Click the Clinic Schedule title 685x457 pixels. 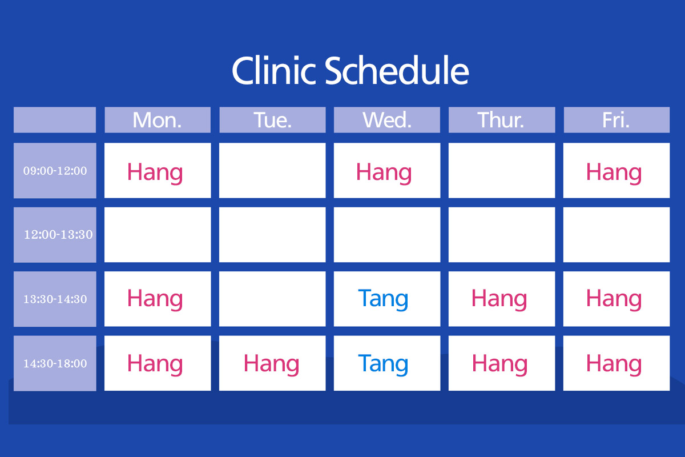click(x=350, y=70)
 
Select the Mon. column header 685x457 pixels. click(x=157, y=120)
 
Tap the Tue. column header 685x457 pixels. click(x=272, y=120)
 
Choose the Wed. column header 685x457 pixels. click(x=387, y=120)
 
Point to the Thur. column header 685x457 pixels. click(x=501, y=120)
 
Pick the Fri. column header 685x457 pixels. click(x=616, y=120)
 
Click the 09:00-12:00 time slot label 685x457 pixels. click(x=55, y=171)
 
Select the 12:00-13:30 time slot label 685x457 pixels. click(x=58, y=235)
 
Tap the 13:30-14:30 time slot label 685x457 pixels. click(x=55, y=299)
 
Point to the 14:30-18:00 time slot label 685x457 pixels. click(x=55, y=363)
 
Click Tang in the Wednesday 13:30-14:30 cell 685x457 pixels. click(x=383, y=299)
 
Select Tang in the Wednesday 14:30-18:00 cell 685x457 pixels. click(x=383, y=364)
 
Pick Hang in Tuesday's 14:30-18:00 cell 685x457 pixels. click(x=271, y=364)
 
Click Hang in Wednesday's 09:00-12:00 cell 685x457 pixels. click(x=384, y=173)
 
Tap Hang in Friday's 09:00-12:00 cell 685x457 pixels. click(x=614, y=173)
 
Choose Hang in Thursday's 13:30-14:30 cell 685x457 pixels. click(x=499, y=299)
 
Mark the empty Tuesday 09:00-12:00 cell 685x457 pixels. click(x=272, y=170)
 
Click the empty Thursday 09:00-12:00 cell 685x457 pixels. click(x=502, y=170)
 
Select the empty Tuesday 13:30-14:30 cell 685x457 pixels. click(x=272, y=299)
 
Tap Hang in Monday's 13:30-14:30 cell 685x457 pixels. click(x=155, y=299)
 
